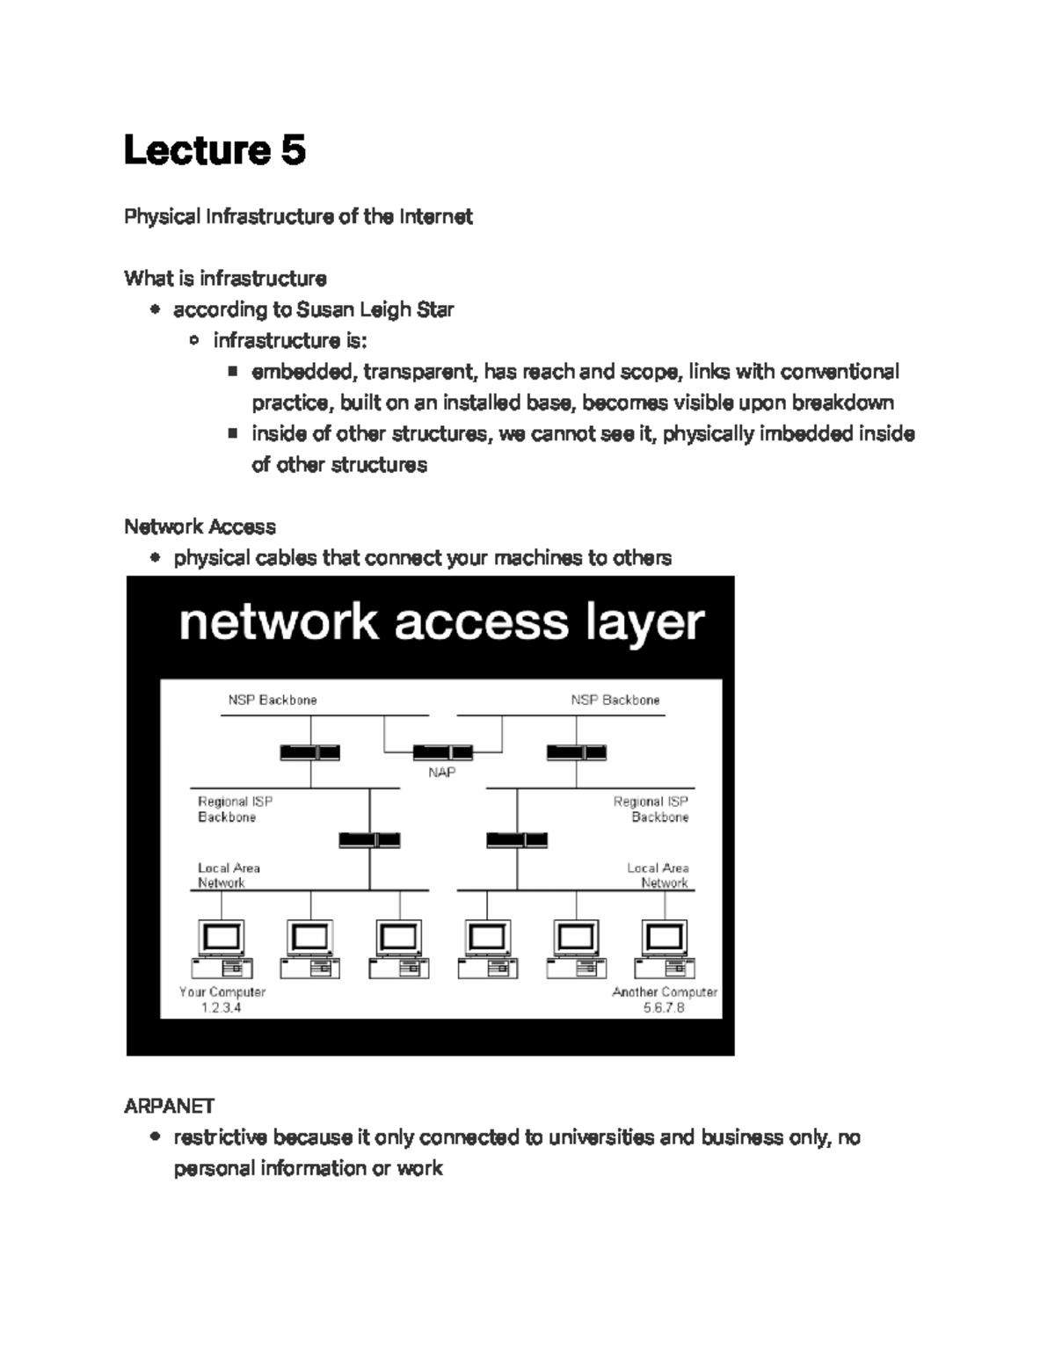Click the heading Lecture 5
(x=215, y=149)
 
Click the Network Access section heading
(x=200, y=526)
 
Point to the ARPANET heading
(x=169, y=1106)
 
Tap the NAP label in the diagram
(x=441, y=773)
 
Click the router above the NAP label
(x=442, y=752)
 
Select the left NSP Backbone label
(x=273, y=701)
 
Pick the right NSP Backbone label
(x=615, y=701)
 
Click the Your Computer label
(x=222, y=992)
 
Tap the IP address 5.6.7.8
(x=664, y=1007)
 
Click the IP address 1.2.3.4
(x=222, y=1007)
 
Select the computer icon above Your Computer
(x=222, y=949)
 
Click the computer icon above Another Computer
(x=665, y=949)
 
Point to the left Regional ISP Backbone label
(x=235, y=809)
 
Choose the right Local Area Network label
(x=658, y=875)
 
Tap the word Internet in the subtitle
(x=436, y=216)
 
